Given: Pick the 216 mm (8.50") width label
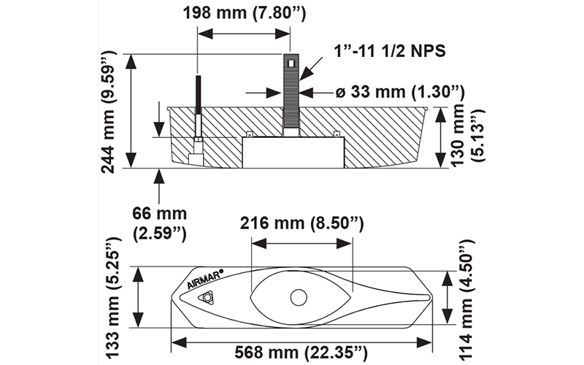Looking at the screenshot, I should click(301, 223).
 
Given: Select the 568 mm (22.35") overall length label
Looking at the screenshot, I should click(301, 353).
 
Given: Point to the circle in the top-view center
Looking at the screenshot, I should click(298, 297).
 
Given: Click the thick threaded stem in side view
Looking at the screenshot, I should click(291, 95).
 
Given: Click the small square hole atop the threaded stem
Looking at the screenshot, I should click(291, 64).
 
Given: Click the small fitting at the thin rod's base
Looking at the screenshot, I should click(196, 156).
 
